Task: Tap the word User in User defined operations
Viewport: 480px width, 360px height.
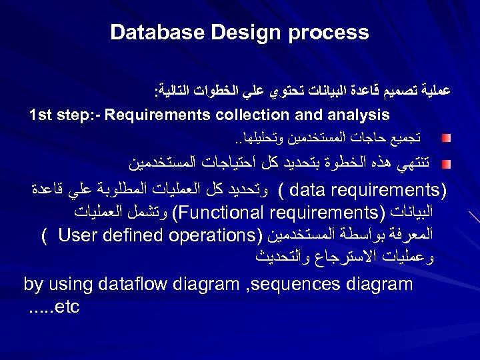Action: [x=75, y=236]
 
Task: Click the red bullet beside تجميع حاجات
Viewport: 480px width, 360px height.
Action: [x=445, y=139]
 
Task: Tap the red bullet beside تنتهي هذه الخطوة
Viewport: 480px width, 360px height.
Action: [x=445, y=162]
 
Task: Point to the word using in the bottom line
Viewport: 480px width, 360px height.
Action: [x=68, y=285]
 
